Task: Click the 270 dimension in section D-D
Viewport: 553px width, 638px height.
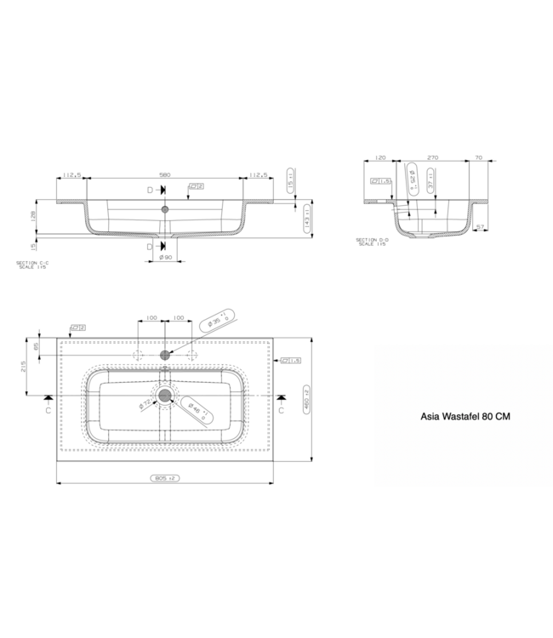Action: click(432, 157)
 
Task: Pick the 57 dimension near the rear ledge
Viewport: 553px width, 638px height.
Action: click(482, 227)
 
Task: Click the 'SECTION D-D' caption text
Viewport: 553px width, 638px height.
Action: click(373, 242)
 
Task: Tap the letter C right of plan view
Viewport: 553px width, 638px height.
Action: click(282, 409)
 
